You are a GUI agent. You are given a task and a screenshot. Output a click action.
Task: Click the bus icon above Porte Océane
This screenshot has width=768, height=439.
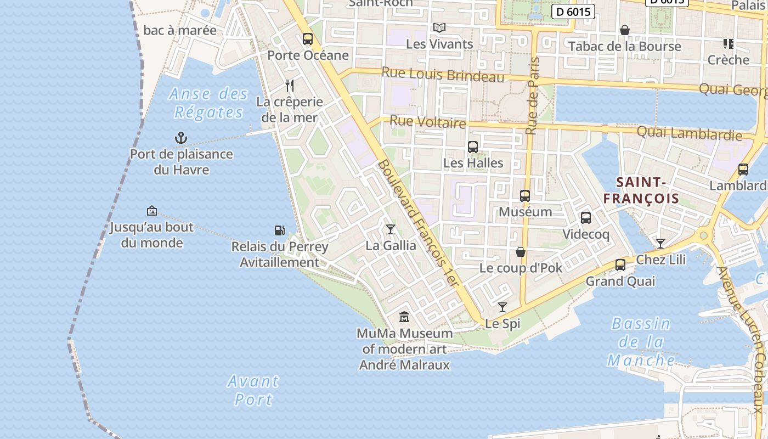(308, 39)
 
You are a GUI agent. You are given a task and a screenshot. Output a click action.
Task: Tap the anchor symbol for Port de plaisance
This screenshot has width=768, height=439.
(181, 138)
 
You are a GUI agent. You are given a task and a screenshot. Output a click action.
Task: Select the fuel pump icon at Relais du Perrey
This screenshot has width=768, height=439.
(280, 230)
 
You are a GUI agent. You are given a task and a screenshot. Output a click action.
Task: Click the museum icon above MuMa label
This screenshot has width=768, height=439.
(404, 317)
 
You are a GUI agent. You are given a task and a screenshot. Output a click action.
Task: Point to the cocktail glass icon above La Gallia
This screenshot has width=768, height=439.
(391, 229)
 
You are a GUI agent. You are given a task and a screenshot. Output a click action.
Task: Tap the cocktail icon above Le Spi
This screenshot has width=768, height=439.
(502, 307)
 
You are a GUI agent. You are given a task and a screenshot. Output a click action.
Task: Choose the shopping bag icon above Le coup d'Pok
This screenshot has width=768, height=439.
(521, 252)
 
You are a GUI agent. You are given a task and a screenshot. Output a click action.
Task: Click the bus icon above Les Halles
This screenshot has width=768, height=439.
(473, 147)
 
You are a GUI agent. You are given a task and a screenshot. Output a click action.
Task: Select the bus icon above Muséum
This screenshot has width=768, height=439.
(525, 196)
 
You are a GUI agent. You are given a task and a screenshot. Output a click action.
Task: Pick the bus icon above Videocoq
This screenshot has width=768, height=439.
(586, 218)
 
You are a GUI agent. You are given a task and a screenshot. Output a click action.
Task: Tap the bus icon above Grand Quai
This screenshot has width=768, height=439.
(620, 265)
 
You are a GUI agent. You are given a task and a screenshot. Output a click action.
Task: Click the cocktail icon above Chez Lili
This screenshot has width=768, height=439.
(660, 243)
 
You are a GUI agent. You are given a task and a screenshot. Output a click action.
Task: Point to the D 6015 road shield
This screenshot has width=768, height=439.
(573, 11)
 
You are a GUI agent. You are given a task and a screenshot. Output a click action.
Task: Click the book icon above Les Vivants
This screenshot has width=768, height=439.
(439, 27)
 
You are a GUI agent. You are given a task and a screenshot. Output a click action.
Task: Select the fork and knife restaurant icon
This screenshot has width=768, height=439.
(290, 86)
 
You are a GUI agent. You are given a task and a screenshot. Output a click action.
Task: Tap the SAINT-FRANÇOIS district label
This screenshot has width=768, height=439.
(642, 190)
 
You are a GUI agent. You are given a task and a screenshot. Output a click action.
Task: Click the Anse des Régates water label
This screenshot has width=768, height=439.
(208, 103)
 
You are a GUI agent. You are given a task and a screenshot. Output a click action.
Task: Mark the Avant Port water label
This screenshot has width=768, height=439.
(253, 390)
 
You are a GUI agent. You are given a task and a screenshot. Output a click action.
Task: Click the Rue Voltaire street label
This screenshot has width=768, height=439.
(427, 121)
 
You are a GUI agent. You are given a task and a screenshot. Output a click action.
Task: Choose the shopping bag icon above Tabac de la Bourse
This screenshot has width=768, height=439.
(624, 30)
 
